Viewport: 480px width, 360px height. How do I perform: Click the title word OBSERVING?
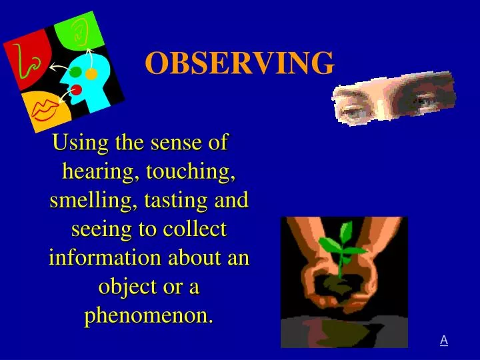239,63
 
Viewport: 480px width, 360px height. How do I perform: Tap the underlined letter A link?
443,341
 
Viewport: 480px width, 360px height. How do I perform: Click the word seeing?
97,229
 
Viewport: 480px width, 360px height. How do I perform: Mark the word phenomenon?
149,315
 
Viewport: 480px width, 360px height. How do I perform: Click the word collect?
193,229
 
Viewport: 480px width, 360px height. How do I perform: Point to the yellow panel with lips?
47,111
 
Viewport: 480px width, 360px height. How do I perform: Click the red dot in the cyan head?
76,89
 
